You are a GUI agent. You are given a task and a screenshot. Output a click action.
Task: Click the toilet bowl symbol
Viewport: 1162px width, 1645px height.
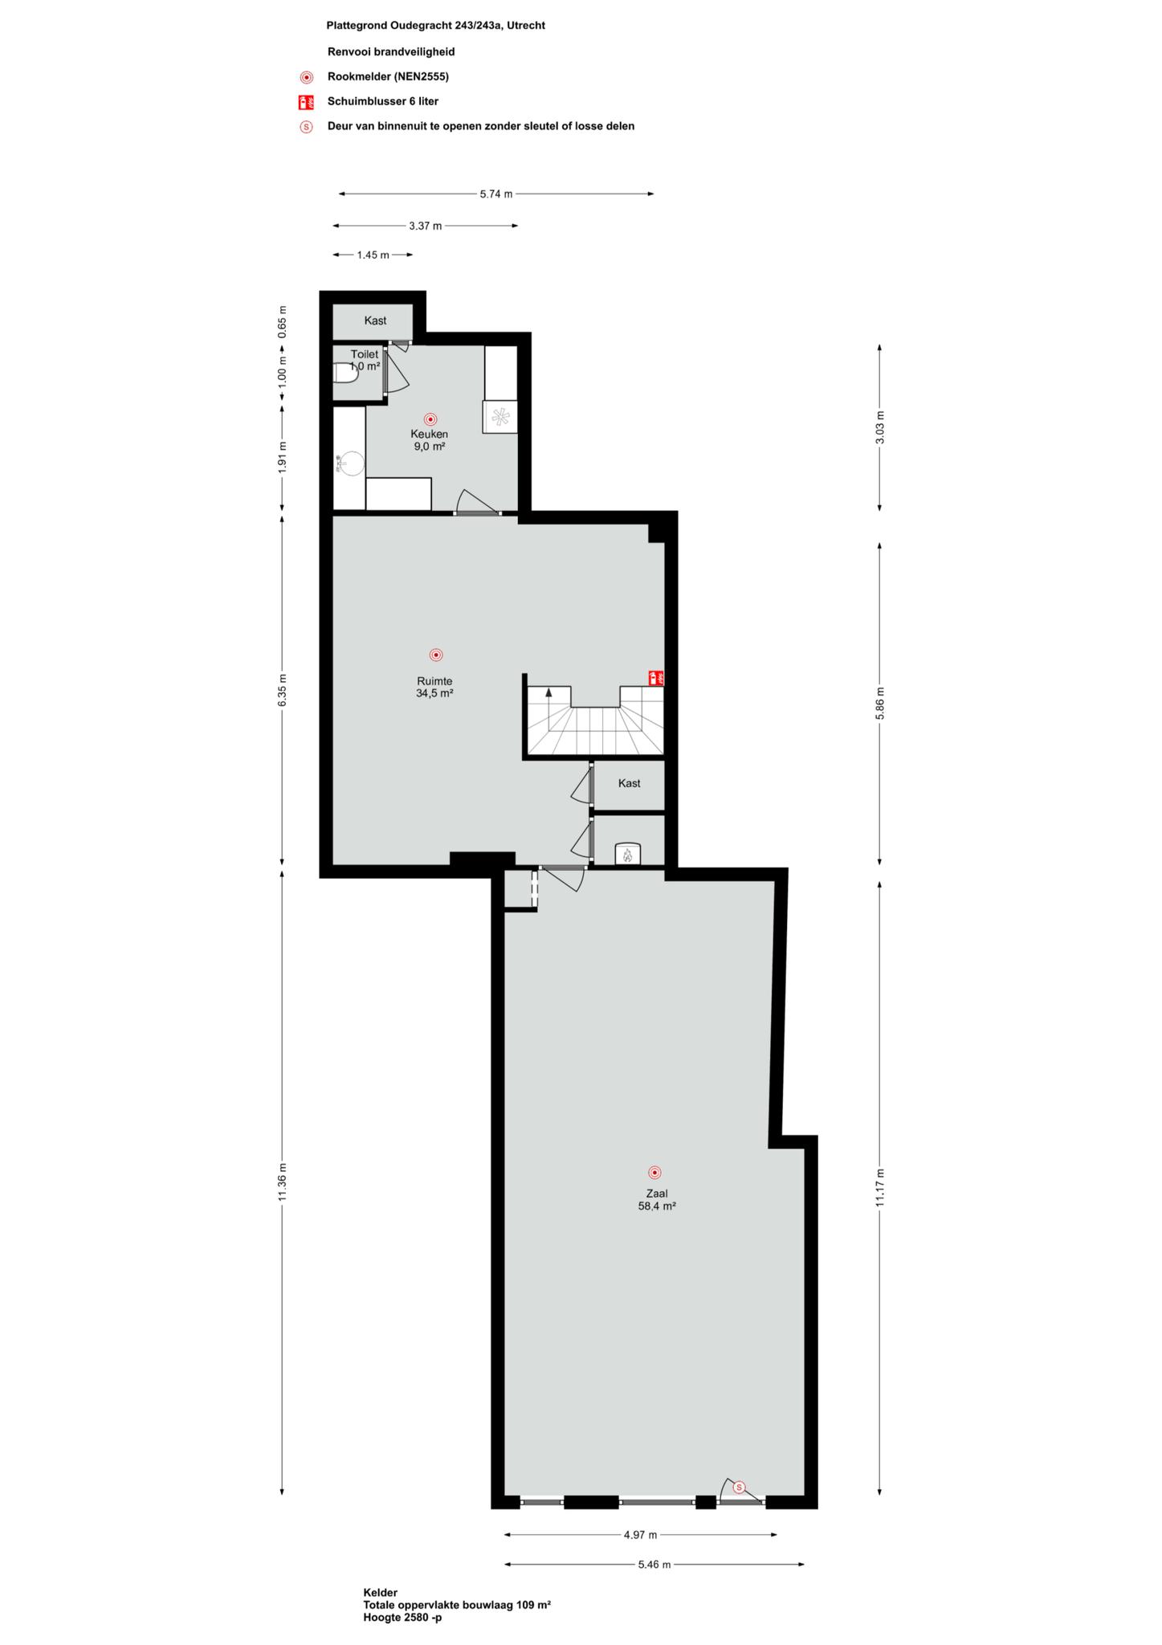click(345, 373)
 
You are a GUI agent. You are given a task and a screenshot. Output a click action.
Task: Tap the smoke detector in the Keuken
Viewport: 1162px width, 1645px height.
click(430, 419)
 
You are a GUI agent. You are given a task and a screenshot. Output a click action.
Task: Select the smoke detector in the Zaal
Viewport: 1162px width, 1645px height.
click(654, 1173)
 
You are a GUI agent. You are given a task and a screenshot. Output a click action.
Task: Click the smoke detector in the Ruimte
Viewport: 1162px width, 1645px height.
click(436, 655)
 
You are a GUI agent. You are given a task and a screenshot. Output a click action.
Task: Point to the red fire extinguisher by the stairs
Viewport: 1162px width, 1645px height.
click(656, 678)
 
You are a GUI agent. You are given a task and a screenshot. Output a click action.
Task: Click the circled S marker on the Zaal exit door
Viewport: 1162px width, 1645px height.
click(740, 1488)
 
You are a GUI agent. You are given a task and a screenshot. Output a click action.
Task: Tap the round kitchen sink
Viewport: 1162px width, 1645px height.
click(352, 463)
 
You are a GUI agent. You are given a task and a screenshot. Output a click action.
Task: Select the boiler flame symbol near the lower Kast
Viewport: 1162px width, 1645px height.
click(627, 855)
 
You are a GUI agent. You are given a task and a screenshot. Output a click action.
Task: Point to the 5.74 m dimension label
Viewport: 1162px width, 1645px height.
click(496, 194)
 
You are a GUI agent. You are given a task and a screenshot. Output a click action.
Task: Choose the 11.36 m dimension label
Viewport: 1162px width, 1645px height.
click(283, 1182)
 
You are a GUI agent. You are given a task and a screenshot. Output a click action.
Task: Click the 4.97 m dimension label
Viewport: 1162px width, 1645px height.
click(640, 1535)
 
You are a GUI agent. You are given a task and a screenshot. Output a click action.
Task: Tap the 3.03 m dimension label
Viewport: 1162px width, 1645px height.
click(880, 427)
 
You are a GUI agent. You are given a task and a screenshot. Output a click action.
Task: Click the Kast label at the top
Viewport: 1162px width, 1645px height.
click(375, 320)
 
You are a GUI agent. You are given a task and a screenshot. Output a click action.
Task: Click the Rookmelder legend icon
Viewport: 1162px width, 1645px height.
click(306, 77)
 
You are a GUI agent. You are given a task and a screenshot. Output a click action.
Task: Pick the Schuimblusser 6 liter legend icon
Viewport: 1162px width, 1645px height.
click(306, 102)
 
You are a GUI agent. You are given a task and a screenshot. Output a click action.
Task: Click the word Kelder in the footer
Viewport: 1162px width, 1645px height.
click(380, 1593)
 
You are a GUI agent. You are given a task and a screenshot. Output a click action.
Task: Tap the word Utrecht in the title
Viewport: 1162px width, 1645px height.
click(526, 26)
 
